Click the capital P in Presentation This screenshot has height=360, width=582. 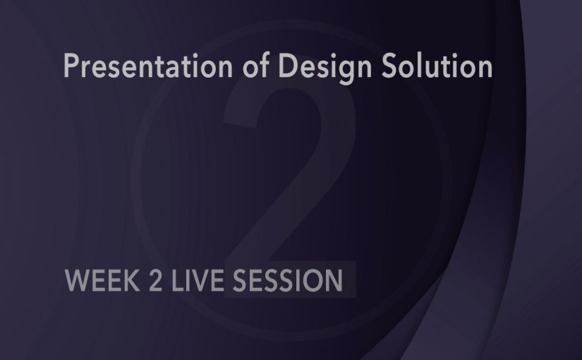[71, 66]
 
